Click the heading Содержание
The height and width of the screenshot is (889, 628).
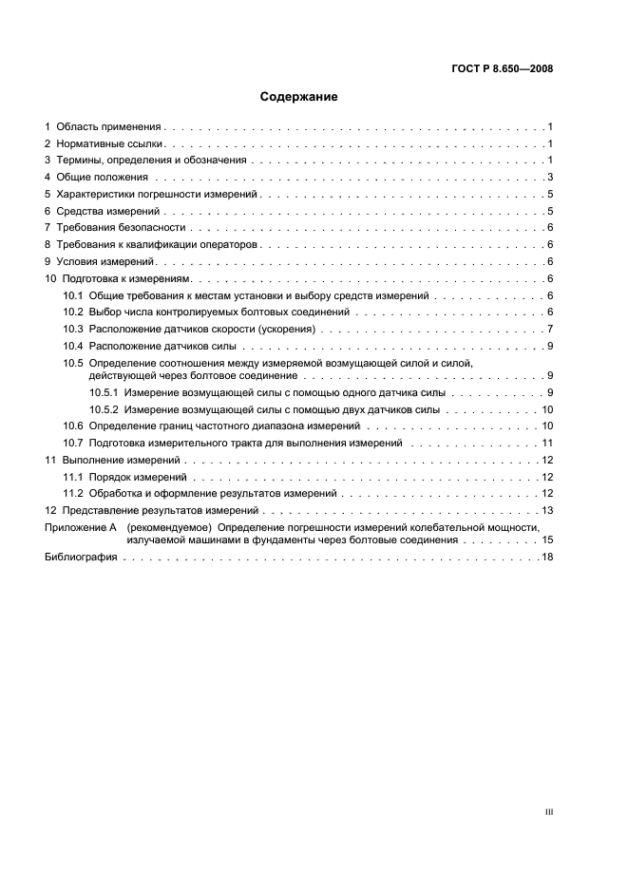click(299, 97)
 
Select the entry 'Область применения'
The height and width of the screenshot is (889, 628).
click(109, 126)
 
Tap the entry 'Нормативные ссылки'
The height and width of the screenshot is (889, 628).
click(110, 143)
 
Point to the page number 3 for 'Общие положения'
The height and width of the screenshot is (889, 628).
click(550, 178)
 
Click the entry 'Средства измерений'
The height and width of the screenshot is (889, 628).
click(109, 211)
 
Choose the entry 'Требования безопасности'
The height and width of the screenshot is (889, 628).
click(121, 228)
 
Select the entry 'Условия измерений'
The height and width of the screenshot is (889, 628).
click(106, 261)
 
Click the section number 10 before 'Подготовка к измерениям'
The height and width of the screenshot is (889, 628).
click(51, 278)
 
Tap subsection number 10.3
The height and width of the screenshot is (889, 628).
click(73, 329)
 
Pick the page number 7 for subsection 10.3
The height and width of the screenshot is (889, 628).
click(550, 329)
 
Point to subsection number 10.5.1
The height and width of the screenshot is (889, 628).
click(104, 392)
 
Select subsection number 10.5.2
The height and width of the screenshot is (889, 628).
click(104, 409)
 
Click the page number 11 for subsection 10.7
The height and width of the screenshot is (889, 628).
click(547, 444)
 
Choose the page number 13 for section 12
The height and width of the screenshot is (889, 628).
click(547, 511)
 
